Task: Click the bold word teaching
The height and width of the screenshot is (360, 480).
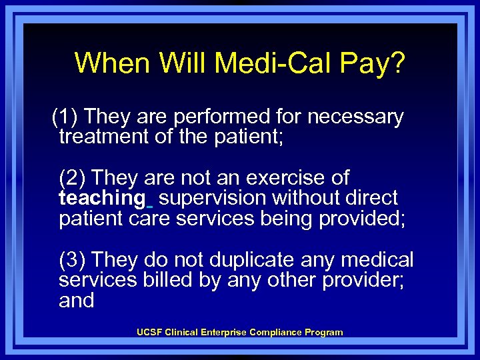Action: (101, 198)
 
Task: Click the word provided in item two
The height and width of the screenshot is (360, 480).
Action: (360, 219)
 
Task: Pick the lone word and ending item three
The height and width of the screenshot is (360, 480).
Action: (76, 301)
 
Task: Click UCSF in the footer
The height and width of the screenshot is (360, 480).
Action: (147, 332)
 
